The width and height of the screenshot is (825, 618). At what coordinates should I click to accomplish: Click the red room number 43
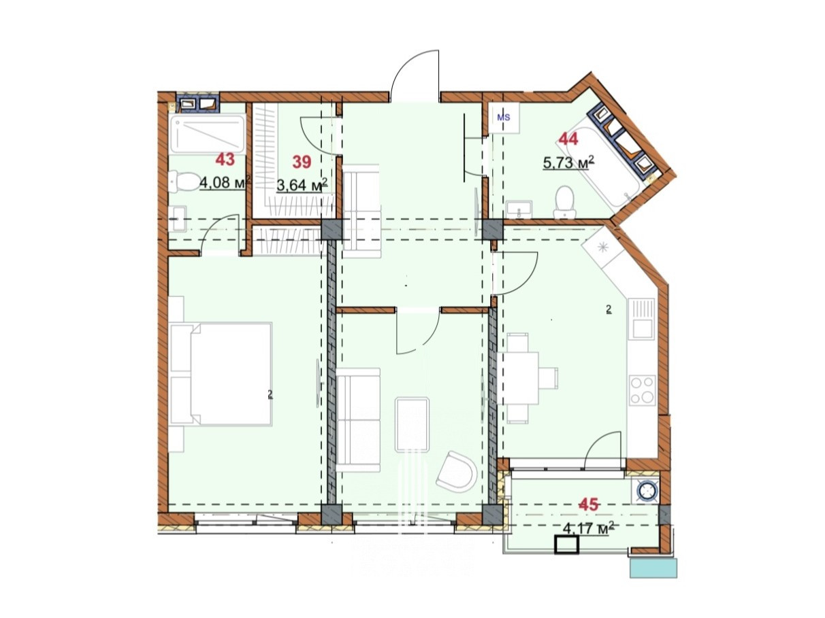pos(225,160)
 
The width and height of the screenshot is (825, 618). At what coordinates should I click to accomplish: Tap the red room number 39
pos(302,162)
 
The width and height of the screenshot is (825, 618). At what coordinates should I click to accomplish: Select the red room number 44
pos(568,139)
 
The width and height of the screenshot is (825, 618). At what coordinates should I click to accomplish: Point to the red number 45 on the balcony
pos(589,504)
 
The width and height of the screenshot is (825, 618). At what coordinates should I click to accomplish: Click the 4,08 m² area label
pos(225,183)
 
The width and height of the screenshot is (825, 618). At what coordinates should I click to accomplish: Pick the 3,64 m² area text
pos(302,185)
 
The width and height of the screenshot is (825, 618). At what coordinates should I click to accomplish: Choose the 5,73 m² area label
pos(568,163)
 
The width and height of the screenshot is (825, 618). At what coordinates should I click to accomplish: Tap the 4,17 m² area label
pos(589,529)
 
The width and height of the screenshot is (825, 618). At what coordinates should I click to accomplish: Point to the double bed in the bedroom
pos(221,374)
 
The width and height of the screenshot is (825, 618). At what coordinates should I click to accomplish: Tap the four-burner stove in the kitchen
pos(642,390)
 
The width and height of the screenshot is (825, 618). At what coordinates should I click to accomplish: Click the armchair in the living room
pos(455,472)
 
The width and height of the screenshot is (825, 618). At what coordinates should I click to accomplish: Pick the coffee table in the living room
pos(412,425)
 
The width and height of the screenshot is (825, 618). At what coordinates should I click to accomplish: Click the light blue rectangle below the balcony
pos(653,568)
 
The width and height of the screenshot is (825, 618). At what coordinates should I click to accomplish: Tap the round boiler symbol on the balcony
pos(647,491)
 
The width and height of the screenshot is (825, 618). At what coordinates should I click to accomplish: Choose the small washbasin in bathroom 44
pos(519,209)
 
